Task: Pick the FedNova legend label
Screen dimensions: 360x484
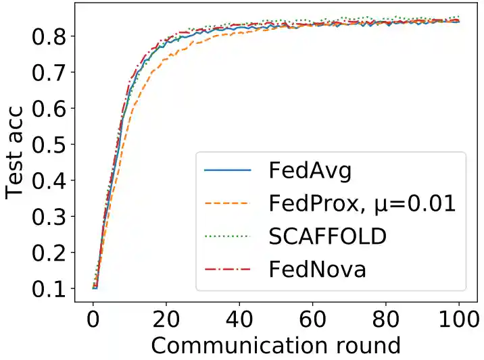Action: point(317,269)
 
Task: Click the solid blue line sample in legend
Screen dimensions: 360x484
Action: point(227,170)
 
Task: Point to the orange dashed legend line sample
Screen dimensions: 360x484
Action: point(227,203)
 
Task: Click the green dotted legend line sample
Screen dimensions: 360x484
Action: point(227,236)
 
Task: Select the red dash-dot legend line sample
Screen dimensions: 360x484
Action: point(227,269)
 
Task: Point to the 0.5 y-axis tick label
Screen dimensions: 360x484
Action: point(51,144)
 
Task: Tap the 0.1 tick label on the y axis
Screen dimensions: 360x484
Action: point(51,288)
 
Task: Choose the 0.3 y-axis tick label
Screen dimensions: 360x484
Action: point(51,216)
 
